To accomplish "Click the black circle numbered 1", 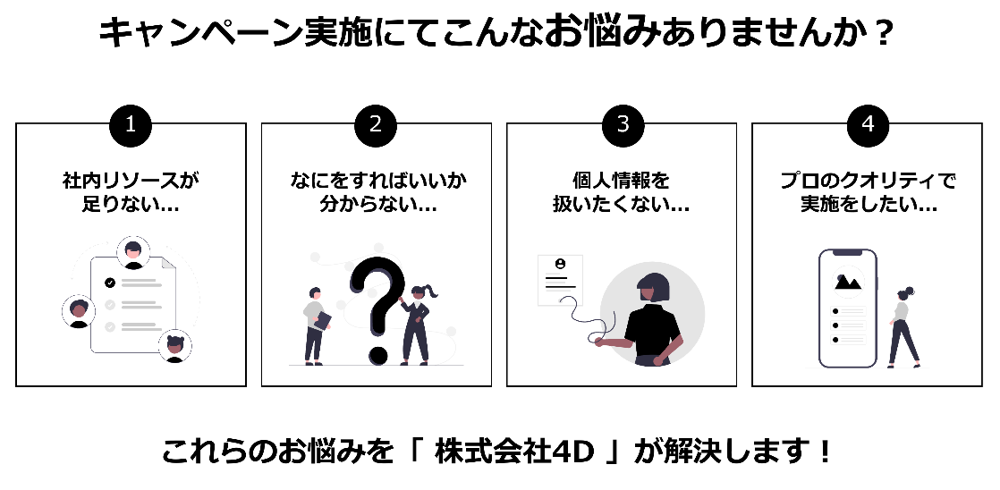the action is pos(131,124).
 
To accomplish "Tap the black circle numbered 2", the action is pos(376,124).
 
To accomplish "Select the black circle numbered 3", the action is pos(623,124).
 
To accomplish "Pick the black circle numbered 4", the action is pos(867,124).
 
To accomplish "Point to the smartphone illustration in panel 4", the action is pos(847,308).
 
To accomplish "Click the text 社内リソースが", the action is pos(131,181).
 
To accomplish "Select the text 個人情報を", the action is pos(622,181).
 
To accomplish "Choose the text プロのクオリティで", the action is pos(868,181).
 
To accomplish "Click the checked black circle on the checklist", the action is pos(110,283).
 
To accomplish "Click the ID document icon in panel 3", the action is pos(560,279).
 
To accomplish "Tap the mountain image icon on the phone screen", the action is pos(847,282).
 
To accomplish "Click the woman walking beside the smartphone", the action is pos(903,327).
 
